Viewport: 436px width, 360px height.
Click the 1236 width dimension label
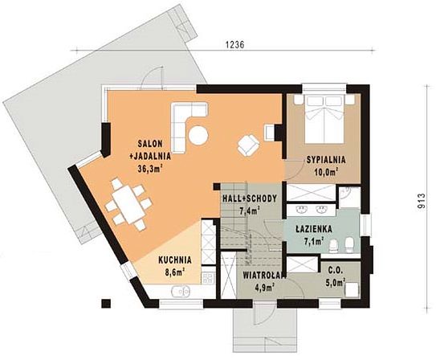[x=234, y=44]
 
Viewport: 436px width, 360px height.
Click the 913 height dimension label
[x=422, y=201]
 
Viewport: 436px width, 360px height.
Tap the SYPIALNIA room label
[x=326, y=160]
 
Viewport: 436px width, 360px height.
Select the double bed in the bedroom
[x=324, y=119]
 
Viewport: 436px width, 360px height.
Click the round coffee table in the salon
[x=198, y=136]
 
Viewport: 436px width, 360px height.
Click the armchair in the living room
[x=248, y=145]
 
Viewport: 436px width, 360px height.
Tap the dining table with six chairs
[x=128, y=204]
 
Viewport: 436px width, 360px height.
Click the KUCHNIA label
[x=175, y=260]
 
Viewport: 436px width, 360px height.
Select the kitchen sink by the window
[x=181, y=291]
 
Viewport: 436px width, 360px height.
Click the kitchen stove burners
[x=208, y=278]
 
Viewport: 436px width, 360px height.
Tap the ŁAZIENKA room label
[x=314, y=229]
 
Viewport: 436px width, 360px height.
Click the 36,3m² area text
[x=150, y=169]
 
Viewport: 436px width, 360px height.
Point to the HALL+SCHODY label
[x=250, y=198]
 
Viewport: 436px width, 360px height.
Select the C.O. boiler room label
[x=335, y=270]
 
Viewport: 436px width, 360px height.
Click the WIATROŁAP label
[x=264, y=275]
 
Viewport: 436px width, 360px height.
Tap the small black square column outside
[x=106, y=303]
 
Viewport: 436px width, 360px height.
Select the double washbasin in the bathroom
[x=312, y=209]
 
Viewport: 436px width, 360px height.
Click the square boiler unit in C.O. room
[x=352, y=290]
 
